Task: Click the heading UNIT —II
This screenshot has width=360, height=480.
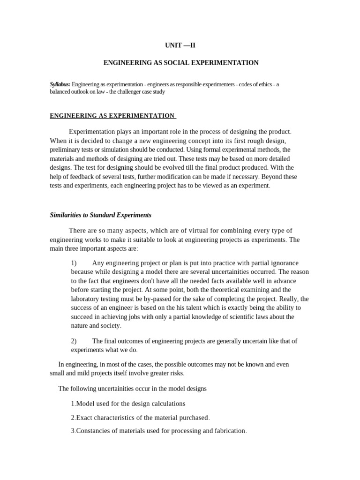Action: pos(180,45)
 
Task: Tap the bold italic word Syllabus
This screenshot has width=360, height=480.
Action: pos(60,84)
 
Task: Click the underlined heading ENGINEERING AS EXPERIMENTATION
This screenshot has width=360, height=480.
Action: pos(112,116)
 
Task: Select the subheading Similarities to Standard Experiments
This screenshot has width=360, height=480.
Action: pos(101,215)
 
